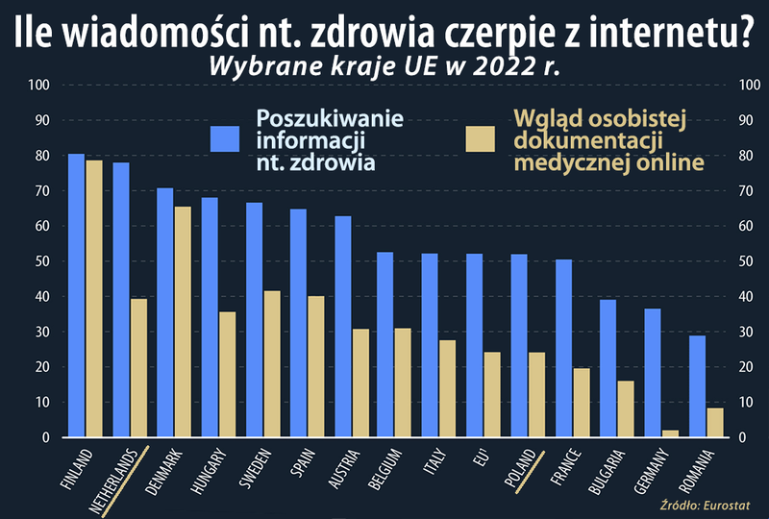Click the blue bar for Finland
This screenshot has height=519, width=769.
coord(76,295)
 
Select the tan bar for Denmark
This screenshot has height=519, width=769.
coord(183,322)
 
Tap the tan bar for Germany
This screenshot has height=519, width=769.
coord(671,433)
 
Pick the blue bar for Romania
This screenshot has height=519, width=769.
coord(697,386)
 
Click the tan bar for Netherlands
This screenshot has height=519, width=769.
coord(138,368)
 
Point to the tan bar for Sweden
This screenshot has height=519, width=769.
coord(272,364)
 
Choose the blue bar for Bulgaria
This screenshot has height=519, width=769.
coord(608,369)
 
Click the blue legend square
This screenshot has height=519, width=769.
coord(225,139)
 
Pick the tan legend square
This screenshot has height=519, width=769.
coord(480,139)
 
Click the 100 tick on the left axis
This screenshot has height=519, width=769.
coord(39,86)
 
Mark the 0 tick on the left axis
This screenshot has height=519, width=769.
coord(45,438)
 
